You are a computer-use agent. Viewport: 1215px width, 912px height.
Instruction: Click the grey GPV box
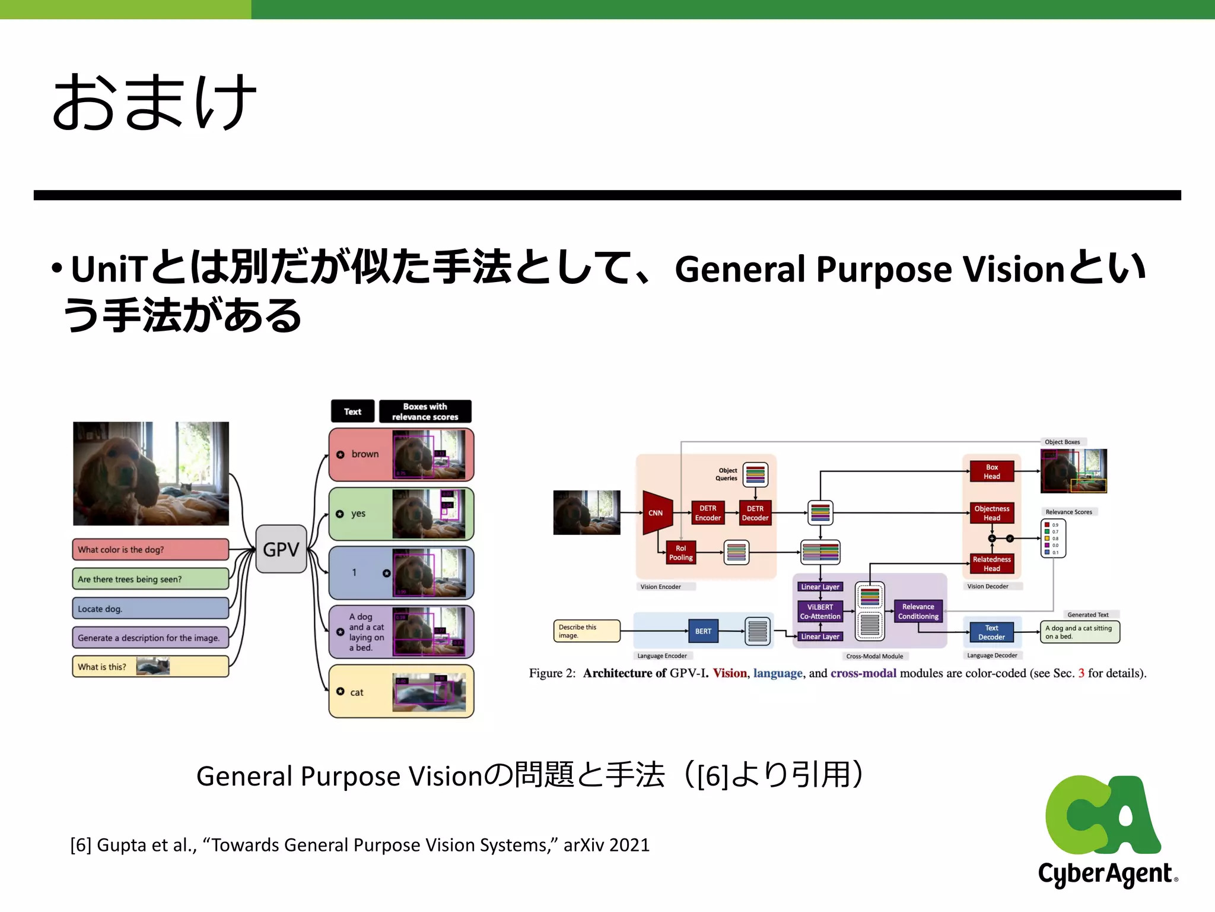(281, 549)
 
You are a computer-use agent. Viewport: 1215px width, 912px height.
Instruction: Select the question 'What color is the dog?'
(150, 549)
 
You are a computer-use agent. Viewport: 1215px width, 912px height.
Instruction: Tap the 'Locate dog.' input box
(150, 609)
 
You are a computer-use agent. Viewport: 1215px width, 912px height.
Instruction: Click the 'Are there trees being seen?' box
(150, 579)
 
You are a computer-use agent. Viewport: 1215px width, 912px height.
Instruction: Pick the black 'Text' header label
(352, 411)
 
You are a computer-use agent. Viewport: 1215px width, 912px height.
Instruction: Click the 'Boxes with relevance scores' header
(425, 411)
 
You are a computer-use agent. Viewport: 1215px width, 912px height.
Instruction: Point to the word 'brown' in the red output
(365, 454)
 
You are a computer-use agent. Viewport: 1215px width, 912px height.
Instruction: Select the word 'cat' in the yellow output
(357, 692)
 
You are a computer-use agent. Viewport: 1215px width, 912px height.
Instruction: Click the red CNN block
(656, 512)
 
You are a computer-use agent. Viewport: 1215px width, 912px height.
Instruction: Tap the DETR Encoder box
(708, 513)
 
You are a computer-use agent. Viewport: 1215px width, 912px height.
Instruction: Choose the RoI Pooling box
(680, 553)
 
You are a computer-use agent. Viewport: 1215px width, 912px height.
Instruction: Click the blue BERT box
(703, 631)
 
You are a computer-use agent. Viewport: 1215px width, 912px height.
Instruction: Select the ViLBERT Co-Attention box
(820, 612)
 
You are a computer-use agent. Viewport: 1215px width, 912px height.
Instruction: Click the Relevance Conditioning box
(918, 612)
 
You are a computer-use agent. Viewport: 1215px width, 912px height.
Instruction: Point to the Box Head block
(991, 471)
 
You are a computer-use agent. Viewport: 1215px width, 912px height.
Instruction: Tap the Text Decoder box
(991, 632)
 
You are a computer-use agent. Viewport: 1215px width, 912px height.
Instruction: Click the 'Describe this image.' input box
(586, 631)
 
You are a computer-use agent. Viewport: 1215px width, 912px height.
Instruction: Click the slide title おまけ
(154, 102)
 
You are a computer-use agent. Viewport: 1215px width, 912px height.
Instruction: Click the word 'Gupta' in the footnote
(122, 845)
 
